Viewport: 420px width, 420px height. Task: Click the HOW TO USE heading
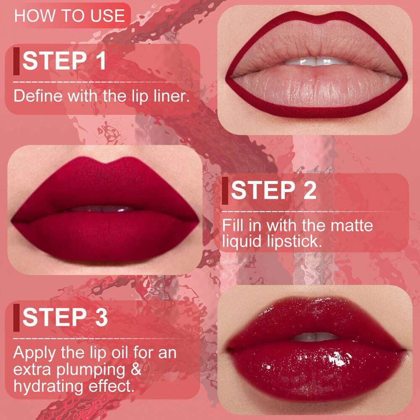pos(70,16)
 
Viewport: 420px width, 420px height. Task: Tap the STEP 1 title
pos(64,61)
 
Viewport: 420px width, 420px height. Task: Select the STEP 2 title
pos(273,191)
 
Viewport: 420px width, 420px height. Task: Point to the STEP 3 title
pos(65,317)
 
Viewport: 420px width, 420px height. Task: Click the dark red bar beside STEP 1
pos(16,61)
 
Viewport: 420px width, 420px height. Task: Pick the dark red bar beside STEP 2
pos(225,191)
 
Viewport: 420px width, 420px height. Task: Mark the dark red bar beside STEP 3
pos(16,317)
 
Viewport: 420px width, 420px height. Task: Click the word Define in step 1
pos(37,96)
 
